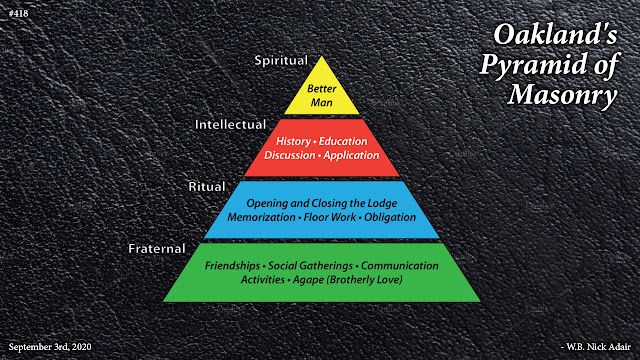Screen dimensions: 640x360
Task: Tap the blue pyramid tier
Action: point(319,210)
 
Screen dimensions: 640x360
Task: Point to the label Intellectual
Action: point(230,125)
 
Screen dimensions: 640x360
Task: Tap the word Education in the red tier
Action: point(351,141)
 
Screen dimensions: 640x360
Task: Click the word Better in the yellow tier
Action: point(319,89)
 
